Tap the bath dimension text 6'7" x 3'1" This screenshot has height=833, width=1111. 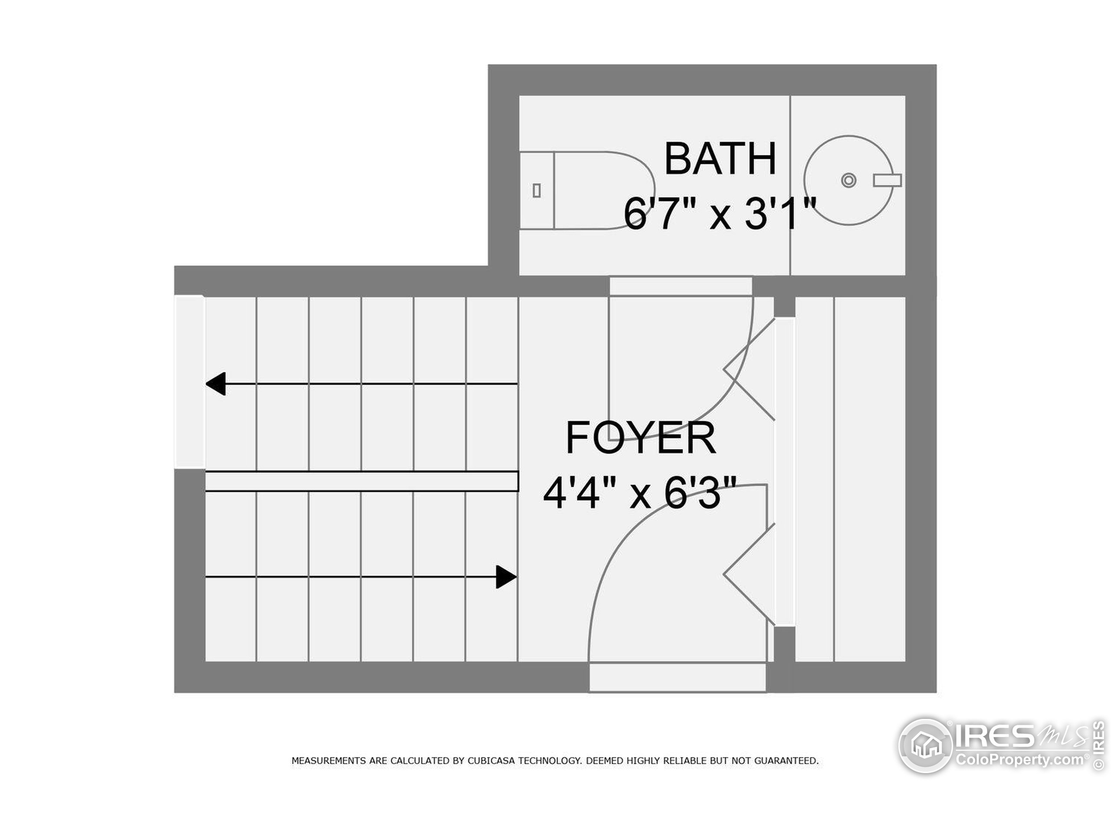click(x=720, y=213)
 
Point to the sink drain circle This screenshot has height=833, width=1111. click(x=848, y=180)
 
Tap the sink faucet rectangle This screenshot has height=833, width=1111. click(x=887, y=180)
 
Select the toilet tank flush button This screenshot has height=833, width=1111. click(x=536, y=190)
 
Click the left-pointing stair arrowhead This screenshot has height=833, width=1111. click(x=216, y=384)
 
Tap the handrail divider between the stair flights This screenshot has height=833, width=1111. click(x=362, y=481)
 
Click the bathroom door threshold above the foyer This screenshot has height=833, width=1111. click(x=680, y=286)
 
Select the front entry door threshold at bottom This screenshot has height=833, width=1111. click(x=677, y=677)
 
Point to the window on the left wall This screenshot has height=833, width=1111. click(x=189, y=382)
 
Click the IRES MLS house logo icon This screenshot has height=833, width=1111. click(x=925, y=746)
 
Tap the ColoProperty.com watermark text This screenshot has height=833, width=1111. click(x=1019, y=760)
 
